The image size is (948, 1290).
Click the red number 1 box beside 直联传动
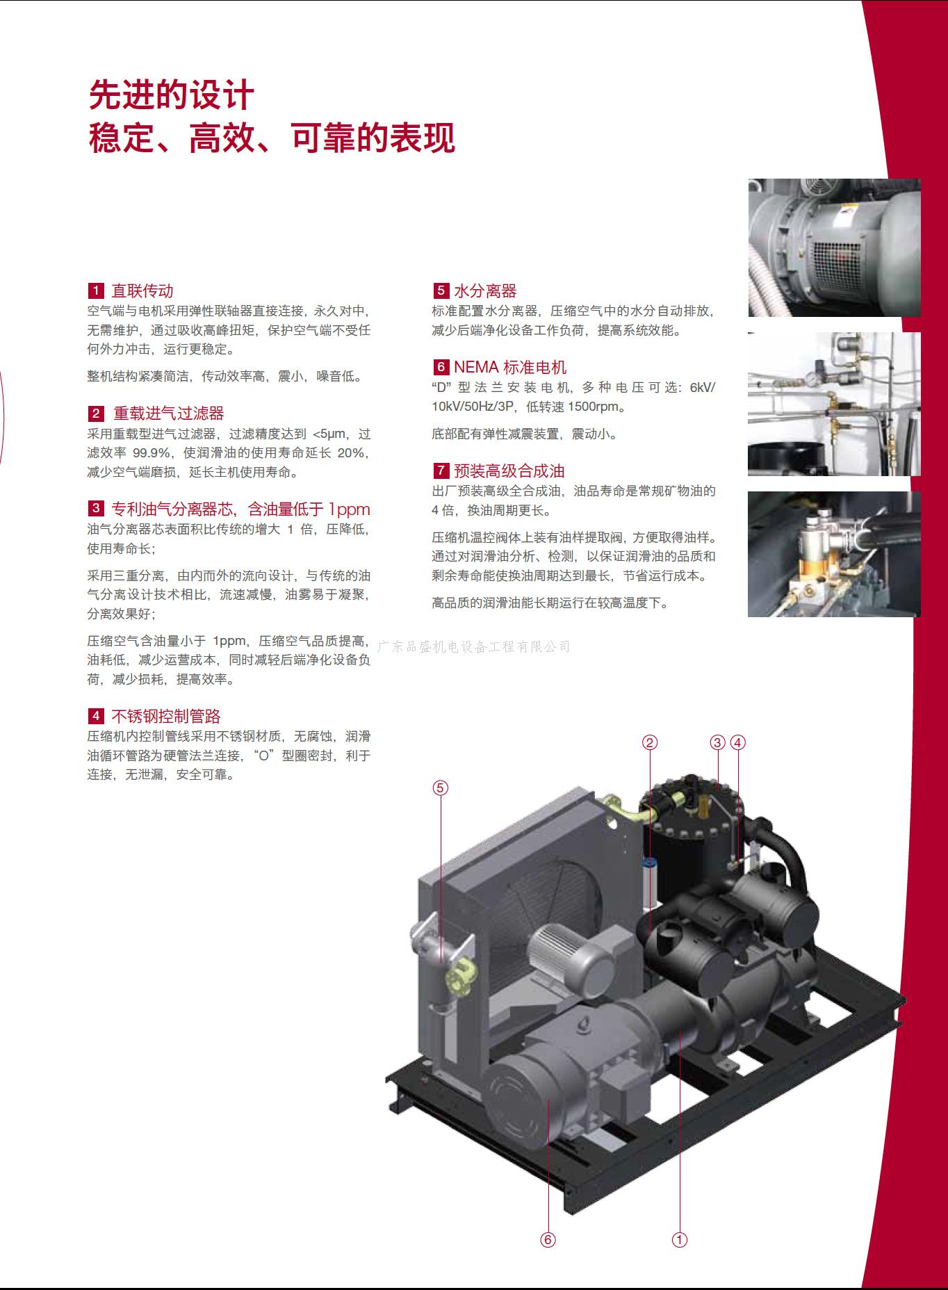(x=96, y=291)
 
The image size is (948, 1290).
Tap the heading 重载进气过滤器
(x=169, y=414)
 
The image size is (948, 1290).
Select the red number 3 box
(x=96, y=509)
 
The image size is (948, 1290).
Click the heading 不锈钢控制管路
(x=166, y=716)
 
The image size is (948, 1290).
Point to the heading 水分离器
(x=486, y=291)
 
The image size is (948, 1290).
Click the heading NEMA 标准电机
(x=510, y=368)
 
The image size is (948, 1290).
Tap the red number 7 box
(x=441, y=471)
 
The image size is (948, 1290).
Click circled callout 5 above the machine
(x=441, y=787)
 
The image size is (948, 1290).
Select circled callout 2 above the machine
(x=649, y=742)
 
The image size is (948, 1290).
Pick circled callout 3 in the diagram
(x=718, y=742)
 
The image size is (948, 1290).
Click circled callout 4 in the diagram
(x=737, y=742)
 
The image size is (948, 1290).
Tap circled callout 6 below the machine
(x=548, y=1239)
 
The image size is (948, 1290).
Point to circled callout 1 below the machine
(x=680, y=1239)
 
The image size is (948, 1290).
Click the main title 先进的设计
(x=172, y=96)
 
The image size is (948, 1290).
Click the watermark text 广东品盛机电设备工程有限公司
(x=473, y=647)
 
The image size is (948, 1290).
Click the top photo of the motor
(x=834, y=248)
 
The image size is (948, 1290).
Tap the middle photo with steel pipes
(x=834, y=404)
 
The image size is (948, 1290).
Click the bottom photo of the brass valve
(x=834, y=554)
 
